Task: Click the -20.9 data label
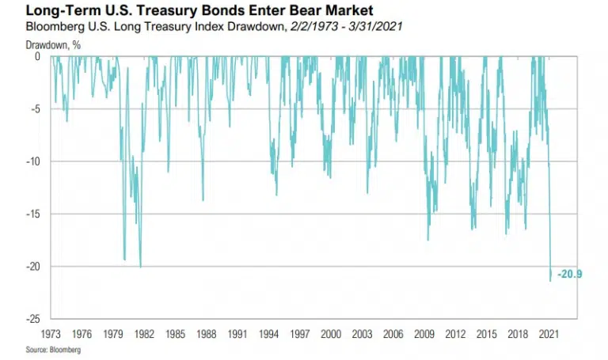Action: coord(570,275)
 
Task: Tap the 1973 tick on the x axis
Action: coord(51,335)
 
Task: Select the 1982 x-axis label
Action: coord(144,335)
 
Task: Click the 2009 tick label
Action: coord(424,335)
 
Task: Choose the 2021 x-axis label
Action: coord(549,335)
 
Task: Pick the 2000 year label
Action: coord(331,335)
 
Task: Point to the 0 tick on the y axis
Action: coord(38,57)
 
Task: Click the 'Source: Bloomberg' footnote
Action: coord(47,349)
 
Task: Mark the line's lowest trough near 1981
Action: coord(140,267)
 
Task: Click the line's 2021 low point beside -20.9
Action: coord(549,280)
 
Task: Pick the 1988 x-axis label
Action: coord(206,335)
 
